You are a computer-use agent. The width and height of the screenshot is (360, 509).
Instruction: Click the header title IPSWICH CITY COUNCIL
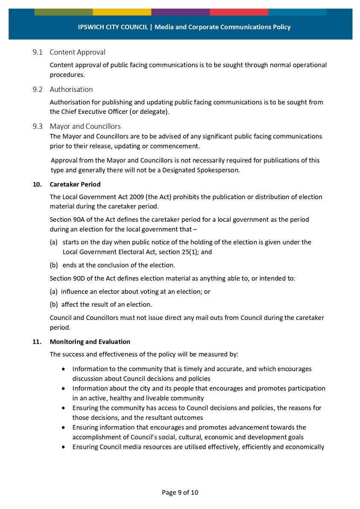coord(113,27)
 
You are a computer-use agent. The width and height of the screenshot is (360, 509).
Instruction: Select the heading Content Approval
coord(77,52)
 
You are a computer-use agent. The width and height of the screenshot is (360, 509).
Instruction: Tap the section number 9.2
coord(38,89)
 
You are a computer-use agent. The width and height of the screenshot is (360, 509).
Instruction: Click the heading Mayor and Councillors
coord(85,126)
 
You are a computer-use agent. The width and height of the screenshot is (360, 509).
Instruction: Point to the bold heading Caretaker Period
coord(75,184)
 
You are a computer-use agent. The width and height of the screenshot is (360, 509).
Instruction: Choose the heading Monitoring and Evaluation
coord(90,342)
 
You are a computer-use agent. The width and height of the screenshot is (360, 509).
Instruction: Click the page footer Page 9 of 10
coord(180,492)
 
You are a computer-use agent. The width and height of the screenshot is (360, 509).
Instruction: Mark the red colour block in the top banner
coord(239,12)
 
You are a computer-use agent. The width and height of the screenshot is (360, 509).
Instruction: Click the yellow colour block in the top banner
coord(122,12)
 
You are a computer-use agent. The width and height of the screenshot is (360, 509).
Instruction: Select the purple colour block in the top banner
coord(180,12)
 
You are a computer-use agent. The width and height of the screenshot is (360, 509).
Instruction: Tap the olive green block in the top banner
coord(63,12)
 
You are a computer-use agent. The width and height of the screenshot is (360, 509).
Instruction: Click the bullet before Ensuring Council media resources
coord(64,447)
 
